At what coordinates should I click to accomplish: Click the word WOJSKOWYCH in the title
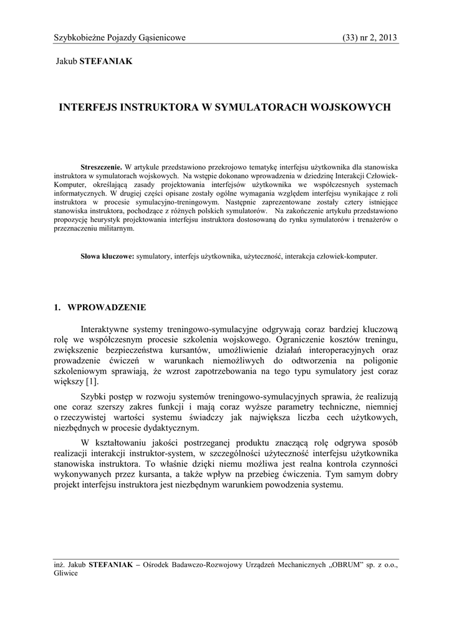tap(353, 107)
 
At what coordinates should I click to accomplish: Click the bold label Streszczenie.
tap(102, 168)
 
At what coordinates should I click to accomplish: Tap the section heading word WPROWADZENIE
tap(107, 307)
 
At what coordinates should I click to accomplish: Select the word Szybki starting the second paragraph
tap(95, 396)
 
